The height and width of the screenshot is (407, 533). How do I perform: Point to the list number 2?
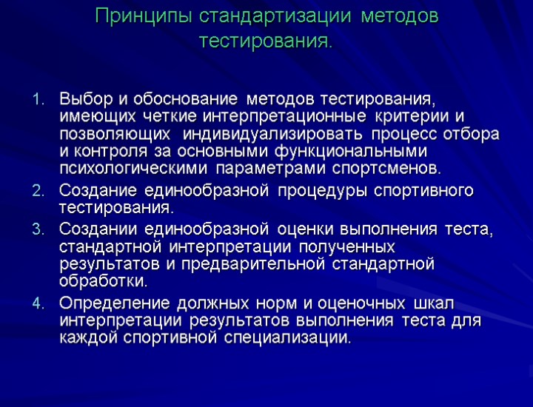[x=38, y=192]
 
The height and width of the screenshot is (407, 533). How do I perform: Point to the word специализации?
[x=284, y=339]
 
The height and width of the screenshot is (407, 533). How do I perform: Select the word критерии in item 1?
[x=415, y=117]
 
